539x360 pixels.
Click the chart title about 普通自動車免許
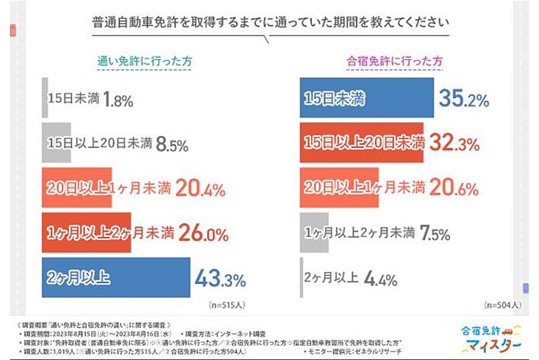point(269,23)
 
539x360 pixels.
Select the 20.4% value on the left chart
point(197,186)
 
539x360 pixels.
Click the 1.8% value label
point(120,98)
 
